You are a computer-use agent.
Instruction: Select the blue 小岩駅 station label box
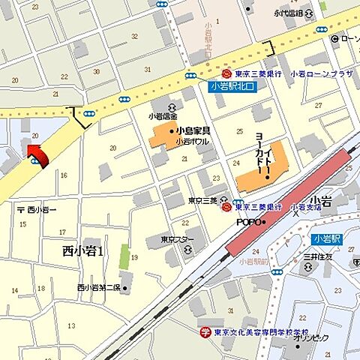(325, 239)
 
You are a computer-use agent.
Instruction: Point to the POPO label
(249, 222)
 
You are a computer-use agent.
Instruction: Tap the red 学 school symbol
(205, 331)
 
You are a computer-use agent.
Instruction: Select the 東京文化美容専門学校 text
(259, 332)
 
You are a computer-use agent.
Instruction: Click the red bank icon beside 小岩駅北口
(226, 73)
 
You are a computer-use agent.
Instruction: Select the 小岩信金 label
(161, 116)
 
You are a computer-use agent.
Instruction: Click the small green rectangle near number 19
(124, 256)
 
